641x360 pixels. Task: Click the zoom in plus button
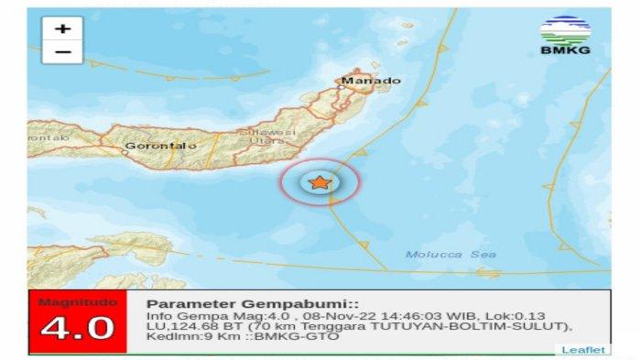(x=62, y=28)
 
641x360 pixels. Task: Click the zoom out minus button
(x=62, y=51)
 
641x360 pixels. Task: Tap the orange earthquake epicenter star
(x=319, y=183)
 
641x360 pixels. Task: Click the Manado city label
(x=371, y=81)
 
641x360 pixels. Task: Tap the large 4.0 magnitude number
(x=78, y=327)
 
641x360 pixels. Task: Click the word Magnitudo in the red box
(x=78, y=302)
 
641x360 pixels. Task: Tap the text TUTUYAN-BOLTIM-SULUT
(x=487, y=326)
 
